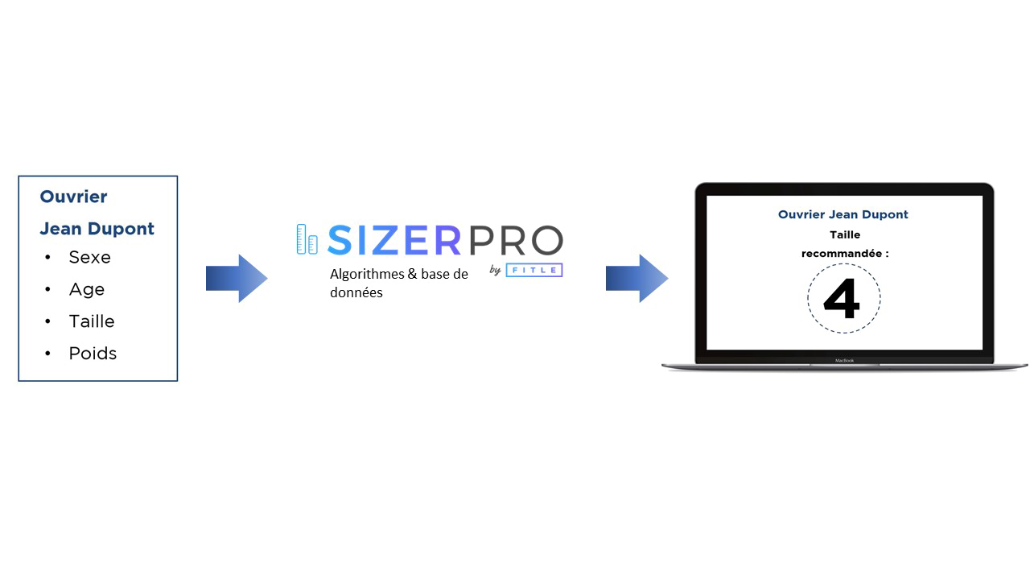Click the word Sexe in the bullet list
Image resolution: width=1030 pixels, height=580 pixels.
89,257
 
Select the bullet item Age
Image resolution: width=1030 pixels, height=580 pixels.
87,289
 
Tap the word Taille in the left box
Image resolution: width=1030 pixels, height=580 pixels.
92,321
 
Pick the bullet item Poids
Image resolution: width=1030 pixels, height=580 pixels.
93,353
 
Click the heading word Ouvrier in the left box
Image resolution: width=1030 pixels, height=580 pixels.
73,197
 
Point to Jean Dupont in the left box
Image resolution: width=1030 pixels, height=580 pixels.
97,229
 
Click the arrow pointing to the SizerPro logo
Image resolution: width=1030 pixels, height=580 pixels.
237,279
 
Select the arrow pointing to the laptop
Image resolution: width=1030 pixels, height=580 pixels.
637,279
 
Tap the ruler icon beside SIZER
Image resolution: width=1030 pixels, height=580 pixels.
307,239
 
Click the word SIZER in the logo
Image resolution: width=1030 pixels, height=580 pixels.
394,240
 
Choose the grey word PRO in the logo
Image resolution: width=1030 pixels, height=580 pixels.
516,240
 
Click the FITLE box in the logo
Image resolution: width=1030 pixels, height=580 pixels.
534,270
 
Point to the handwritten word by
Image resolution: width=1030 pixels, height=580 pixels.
495,270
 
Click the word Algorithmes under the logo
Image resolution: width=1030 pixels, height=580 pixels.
367,275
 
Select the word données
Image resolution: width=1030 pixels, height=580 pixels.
356,292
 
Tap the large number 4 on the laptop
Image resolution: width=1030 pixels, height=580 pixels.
842,298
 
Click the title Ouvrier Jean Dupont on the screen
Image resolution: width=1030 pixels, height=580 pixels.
843,214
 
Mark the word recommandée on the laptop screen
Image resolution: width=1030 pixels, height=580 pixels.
842,254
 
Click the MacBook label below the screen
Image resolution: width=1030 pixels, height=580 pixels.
844,360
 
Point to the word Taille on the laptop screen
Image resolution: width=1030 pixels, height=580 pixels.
845,234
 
